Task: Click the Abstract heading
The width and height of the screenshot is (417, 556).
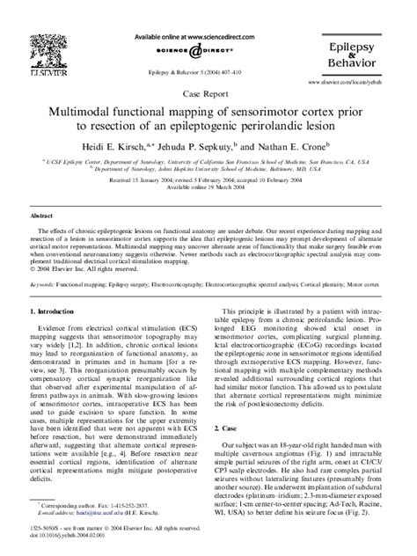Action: coord(45,215)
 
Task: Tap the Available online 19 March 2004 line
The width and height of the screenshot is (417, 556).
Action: coord(208,187)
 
